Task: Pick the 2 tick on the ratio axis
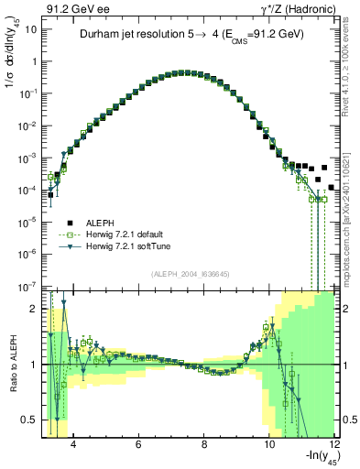33,309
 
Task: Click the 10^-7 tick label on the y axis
28,286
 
